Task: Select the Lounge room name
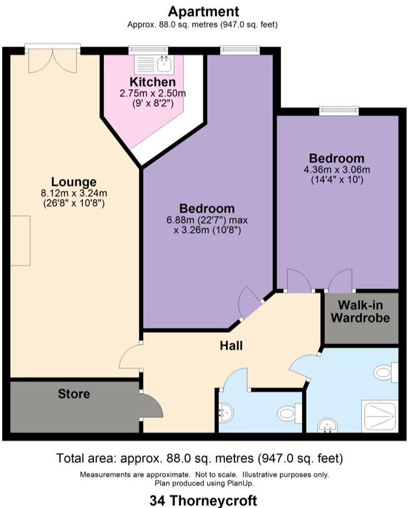pyautogui.click(x=74, y=182)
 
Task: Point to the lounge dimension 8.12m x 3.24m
pyautogui.click(x=74, y=193)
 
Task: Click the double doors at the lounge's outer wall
pyautogui.click(x=53, y=60)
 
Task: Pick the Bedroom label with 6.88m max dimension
pyautogui.click(x=207, y=209)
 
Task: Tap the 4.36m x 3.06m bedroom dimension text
pyautogui.click(x=337, y=169)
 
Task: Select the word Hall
pyautogui.click(x=231, y=346)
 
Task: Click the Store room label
pyautogui.click(x=74, y=394)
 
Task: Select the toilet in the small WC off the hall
pyautogui.click(x=289, y=413)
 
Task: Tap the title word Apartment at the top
pyautogui.click(x=204, y=11)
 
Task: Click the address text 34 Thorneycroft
pyautogui.click(x=203, y=499)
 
